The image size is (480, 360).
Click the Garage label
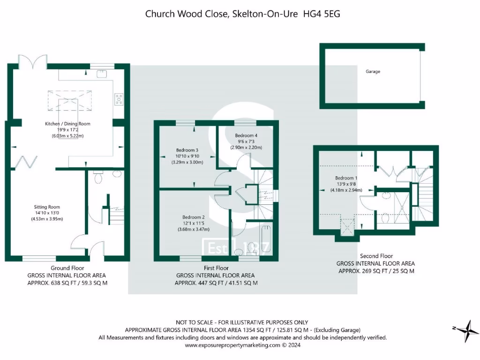pos(373,72)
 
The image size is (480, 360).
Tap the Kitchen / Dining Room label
pos(67,124)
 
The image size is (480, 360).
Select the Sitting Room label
pos(47,207)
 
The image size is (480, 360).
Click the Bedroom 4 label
pos(246,135)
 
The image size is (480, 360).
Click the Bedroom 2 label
pos(194,217)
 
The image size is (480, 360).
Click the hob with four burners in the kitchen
pos(119,99)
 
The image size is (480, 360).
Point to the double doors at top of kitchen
pos(32,61)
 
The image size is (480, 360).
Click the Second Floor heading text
pos(375,256)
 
